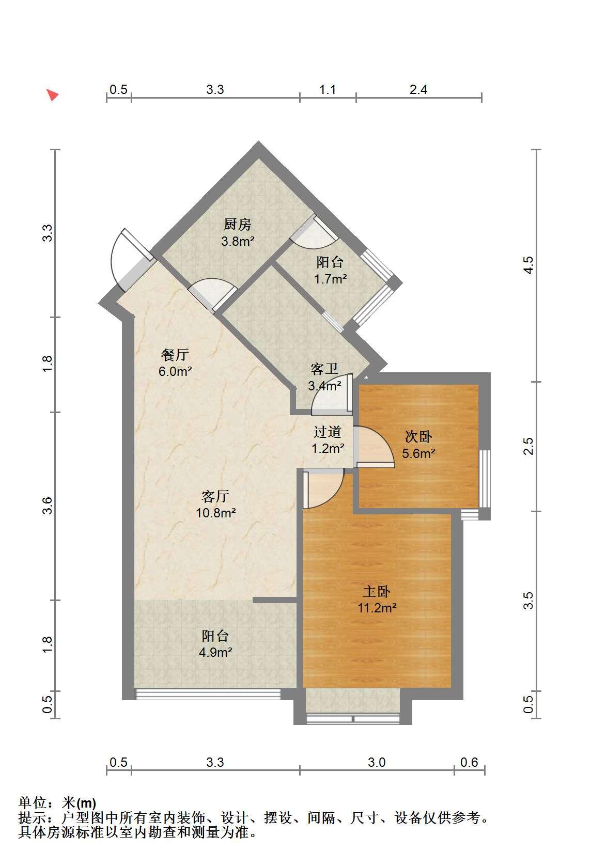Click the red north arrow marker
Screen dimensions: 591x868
[53, 94]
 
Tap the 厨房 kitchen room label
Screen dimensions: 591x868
[237, 225]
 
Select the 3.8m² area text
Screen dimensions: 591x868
[238, 242]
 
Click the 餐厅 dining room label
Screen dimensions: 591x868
[175, 354]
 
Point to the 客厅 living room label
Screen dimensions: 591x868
[215, 496]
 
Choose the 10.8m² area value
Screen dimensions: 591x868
[216, 513]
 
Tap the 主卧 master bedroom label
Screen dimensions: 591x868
[377, 591]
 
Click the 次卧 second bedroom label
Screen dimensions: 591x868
[418, 437]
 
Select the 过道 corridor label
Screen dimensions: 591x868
[328, 432]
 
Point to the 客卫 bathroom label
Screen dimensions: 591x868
[324, 369]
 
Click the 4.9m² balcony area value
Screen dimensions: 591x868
[215, 653]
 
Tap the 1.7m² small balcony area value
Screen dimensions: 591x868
[331, 279]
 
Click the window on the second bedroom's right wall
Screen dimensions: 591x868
[485, 479]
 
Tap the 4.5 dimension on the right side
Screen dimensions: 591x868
[528, 265]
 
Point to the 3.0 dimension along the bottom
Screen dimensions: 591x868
[377, 763]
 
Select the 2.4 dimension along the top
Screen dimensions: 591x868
[418, 89]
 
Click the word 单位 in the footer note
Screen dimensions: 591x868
[33, 803]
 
